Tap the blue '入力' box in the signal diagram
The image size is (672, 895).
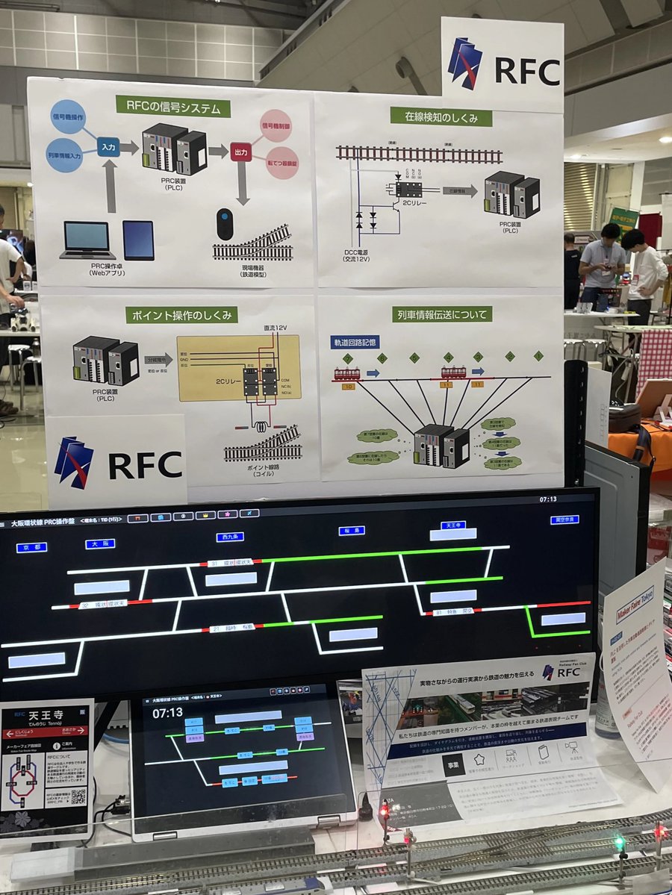pos(109,146)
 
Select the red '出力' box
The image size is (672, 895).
pos(240,152)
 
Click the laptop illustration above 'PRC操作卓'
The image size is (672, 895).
pos(87,240)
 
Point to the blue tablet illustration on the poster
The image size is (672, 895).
pos(139,240)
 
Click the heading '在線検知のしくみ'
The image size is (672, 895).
pos(441,116)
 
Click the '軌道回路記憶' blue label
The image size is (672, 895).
pos(355,342)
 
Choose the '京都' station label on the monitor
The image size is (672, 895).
pos(31,547)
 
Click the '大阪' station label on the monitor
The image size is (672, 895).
pos(99,543)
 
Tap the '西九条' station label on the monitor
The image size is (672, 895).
pos(230,537)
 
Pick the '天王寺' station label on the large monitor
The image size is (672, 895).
pos(452,525)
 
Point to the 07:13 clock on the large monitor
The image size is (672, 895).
pos(548,499)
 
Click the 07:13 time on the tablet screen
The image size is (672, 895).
pos(167,713)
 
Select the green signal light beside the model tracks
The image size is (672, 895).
pos(619,843)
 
